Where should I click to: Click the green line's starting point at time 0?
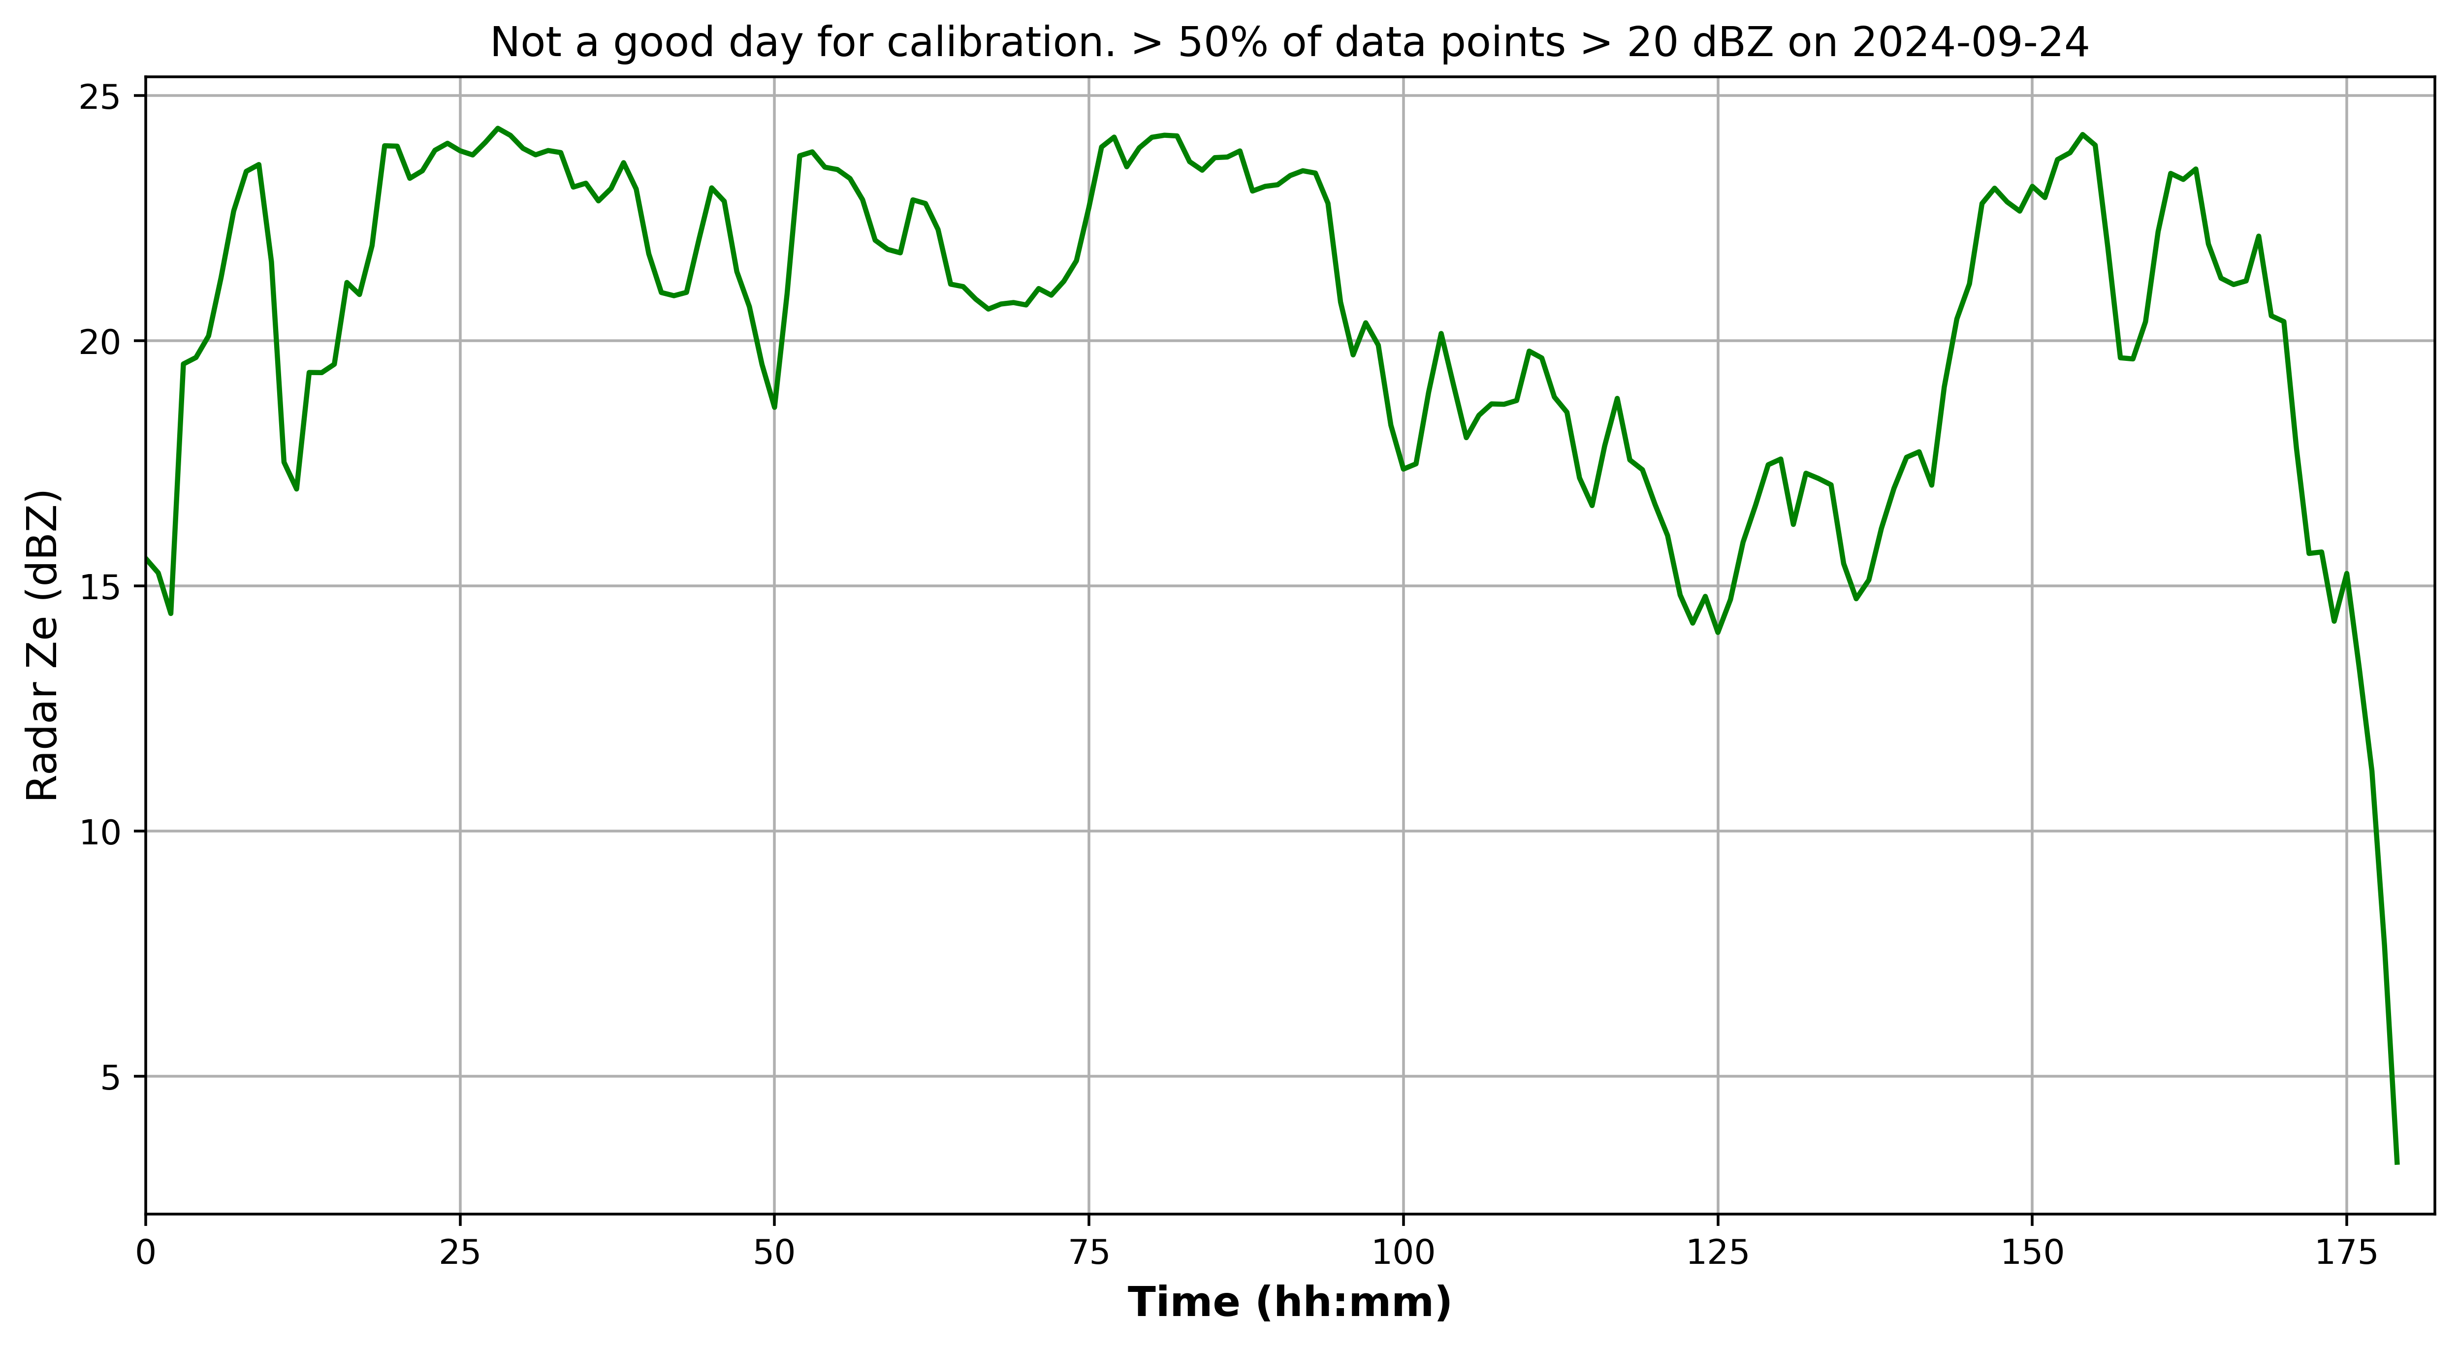(x=146, y=558)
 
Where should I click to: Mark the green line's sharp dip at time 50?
(x=774, y=408)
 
